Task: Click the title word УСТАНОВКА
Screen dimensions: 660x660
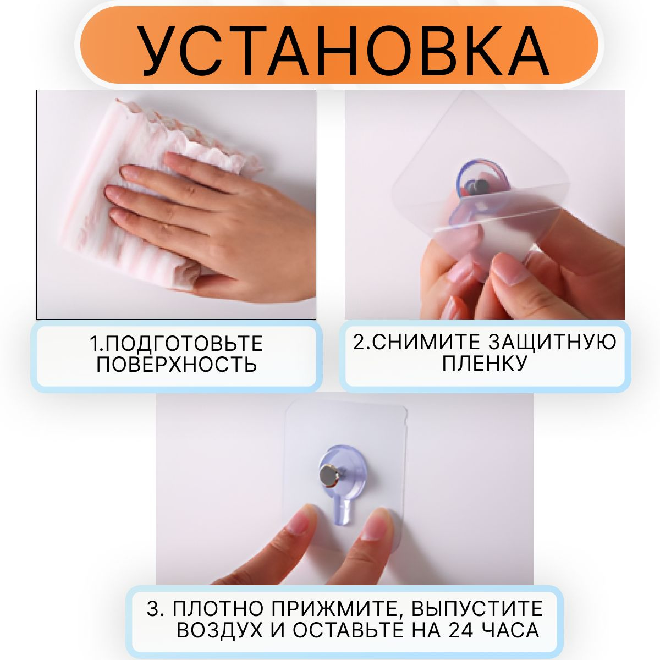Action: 344,51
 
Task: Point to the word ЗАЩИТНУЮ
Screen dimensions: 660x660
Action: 552,343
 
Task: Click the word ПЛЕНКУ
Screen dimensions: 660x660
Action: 485,363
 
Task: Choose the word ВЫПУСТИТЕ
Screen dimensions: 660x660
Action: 477,608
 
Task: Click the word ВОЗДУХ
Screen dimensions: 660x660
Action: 219,630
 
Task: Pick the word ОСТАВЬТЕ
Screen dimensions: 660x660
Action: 349,629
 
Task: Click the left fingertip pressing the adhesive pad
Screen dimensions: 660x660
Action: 302,523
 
